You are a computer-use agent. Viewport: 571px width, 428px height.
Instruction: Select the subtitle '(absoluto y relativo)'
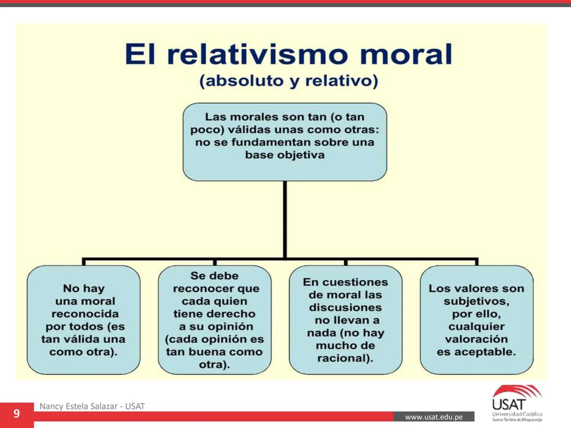tap(289, 81)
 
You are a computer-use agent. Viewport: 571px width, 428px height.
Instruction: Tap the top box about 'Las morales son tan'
tap(285, 142)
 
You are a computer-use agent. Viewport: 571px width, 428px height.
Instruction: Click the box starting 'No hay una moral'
tap(83, 320)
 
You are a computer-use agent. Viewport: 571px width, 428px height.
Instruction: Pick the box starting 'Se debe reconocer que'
tap(215, 320)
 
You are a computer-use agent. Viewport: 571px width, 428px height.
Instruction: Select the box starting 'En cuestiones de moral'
tap(345, 320)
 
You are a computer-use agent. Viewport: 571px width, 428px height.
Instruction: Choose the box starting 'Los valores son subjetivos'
tap(476, 320)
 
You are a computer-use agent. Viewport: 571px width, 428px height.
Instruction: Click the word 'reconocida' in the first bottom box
tap(85, 314)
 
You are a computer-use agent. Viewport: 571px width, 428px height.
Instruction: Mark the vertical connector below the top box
tap(285, 220)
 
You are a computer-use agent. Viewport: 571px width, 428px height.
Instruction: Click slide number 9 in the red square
tap(16, 414)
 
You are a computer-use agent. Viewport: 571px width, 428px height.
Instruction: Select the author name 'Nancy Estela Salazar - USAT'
tap(92, 406)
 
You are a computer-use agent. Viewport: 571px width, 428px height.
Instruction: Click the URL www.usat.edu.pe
tap(434, 417)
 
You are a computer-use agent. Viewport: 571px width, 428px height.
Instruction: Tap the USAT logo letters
tap(509, 405)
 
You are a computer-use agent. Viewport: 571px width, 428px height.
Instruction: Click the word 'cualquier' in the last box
tap(476, 327)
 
